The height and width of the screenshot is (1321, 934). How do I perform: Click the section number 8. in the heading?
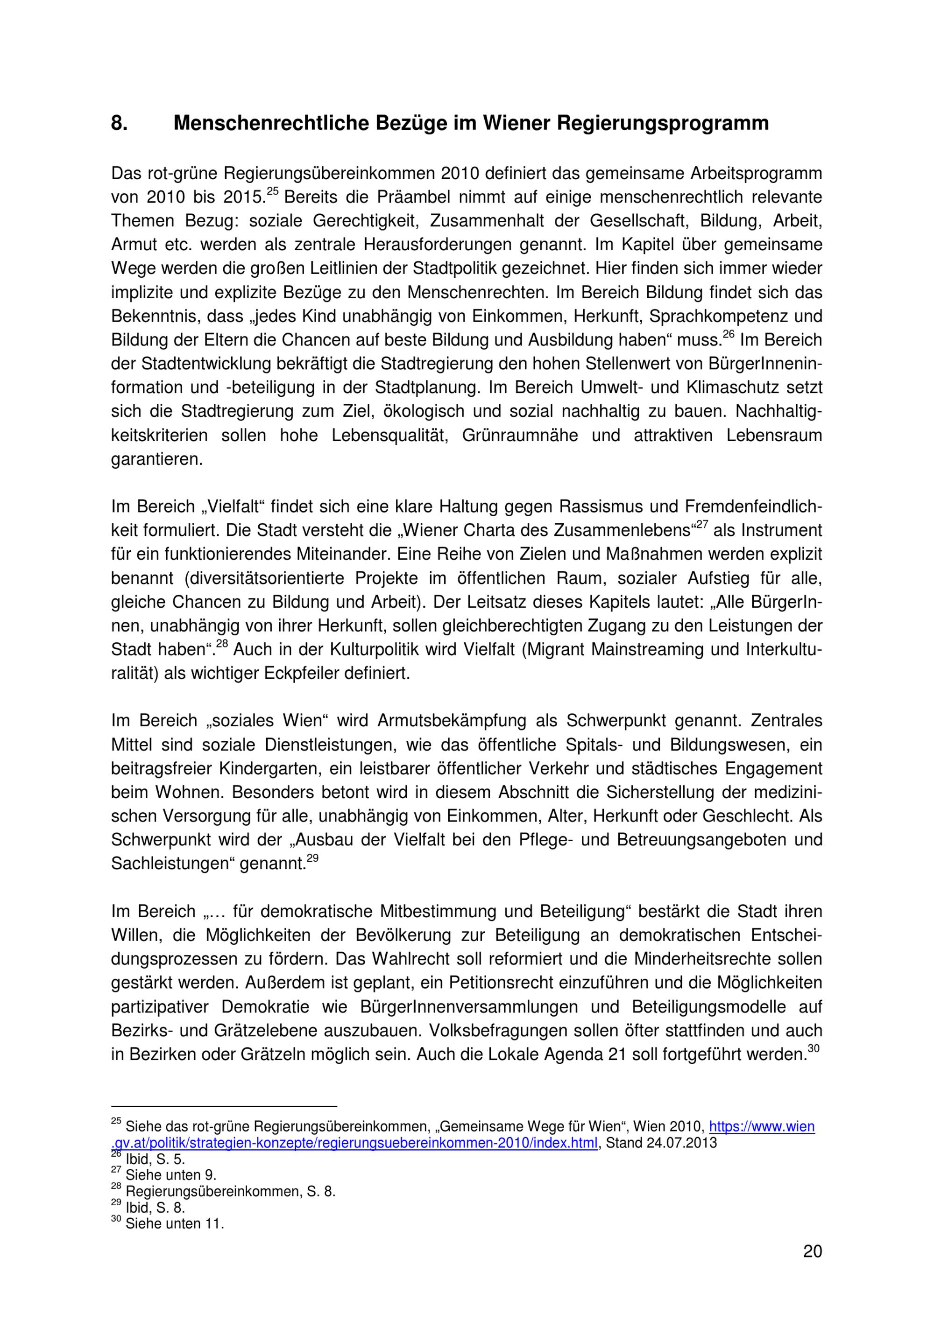(x=119, y=123)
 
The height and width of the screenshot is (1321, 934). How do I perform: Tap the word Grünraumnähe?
(x=520, y=436)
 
